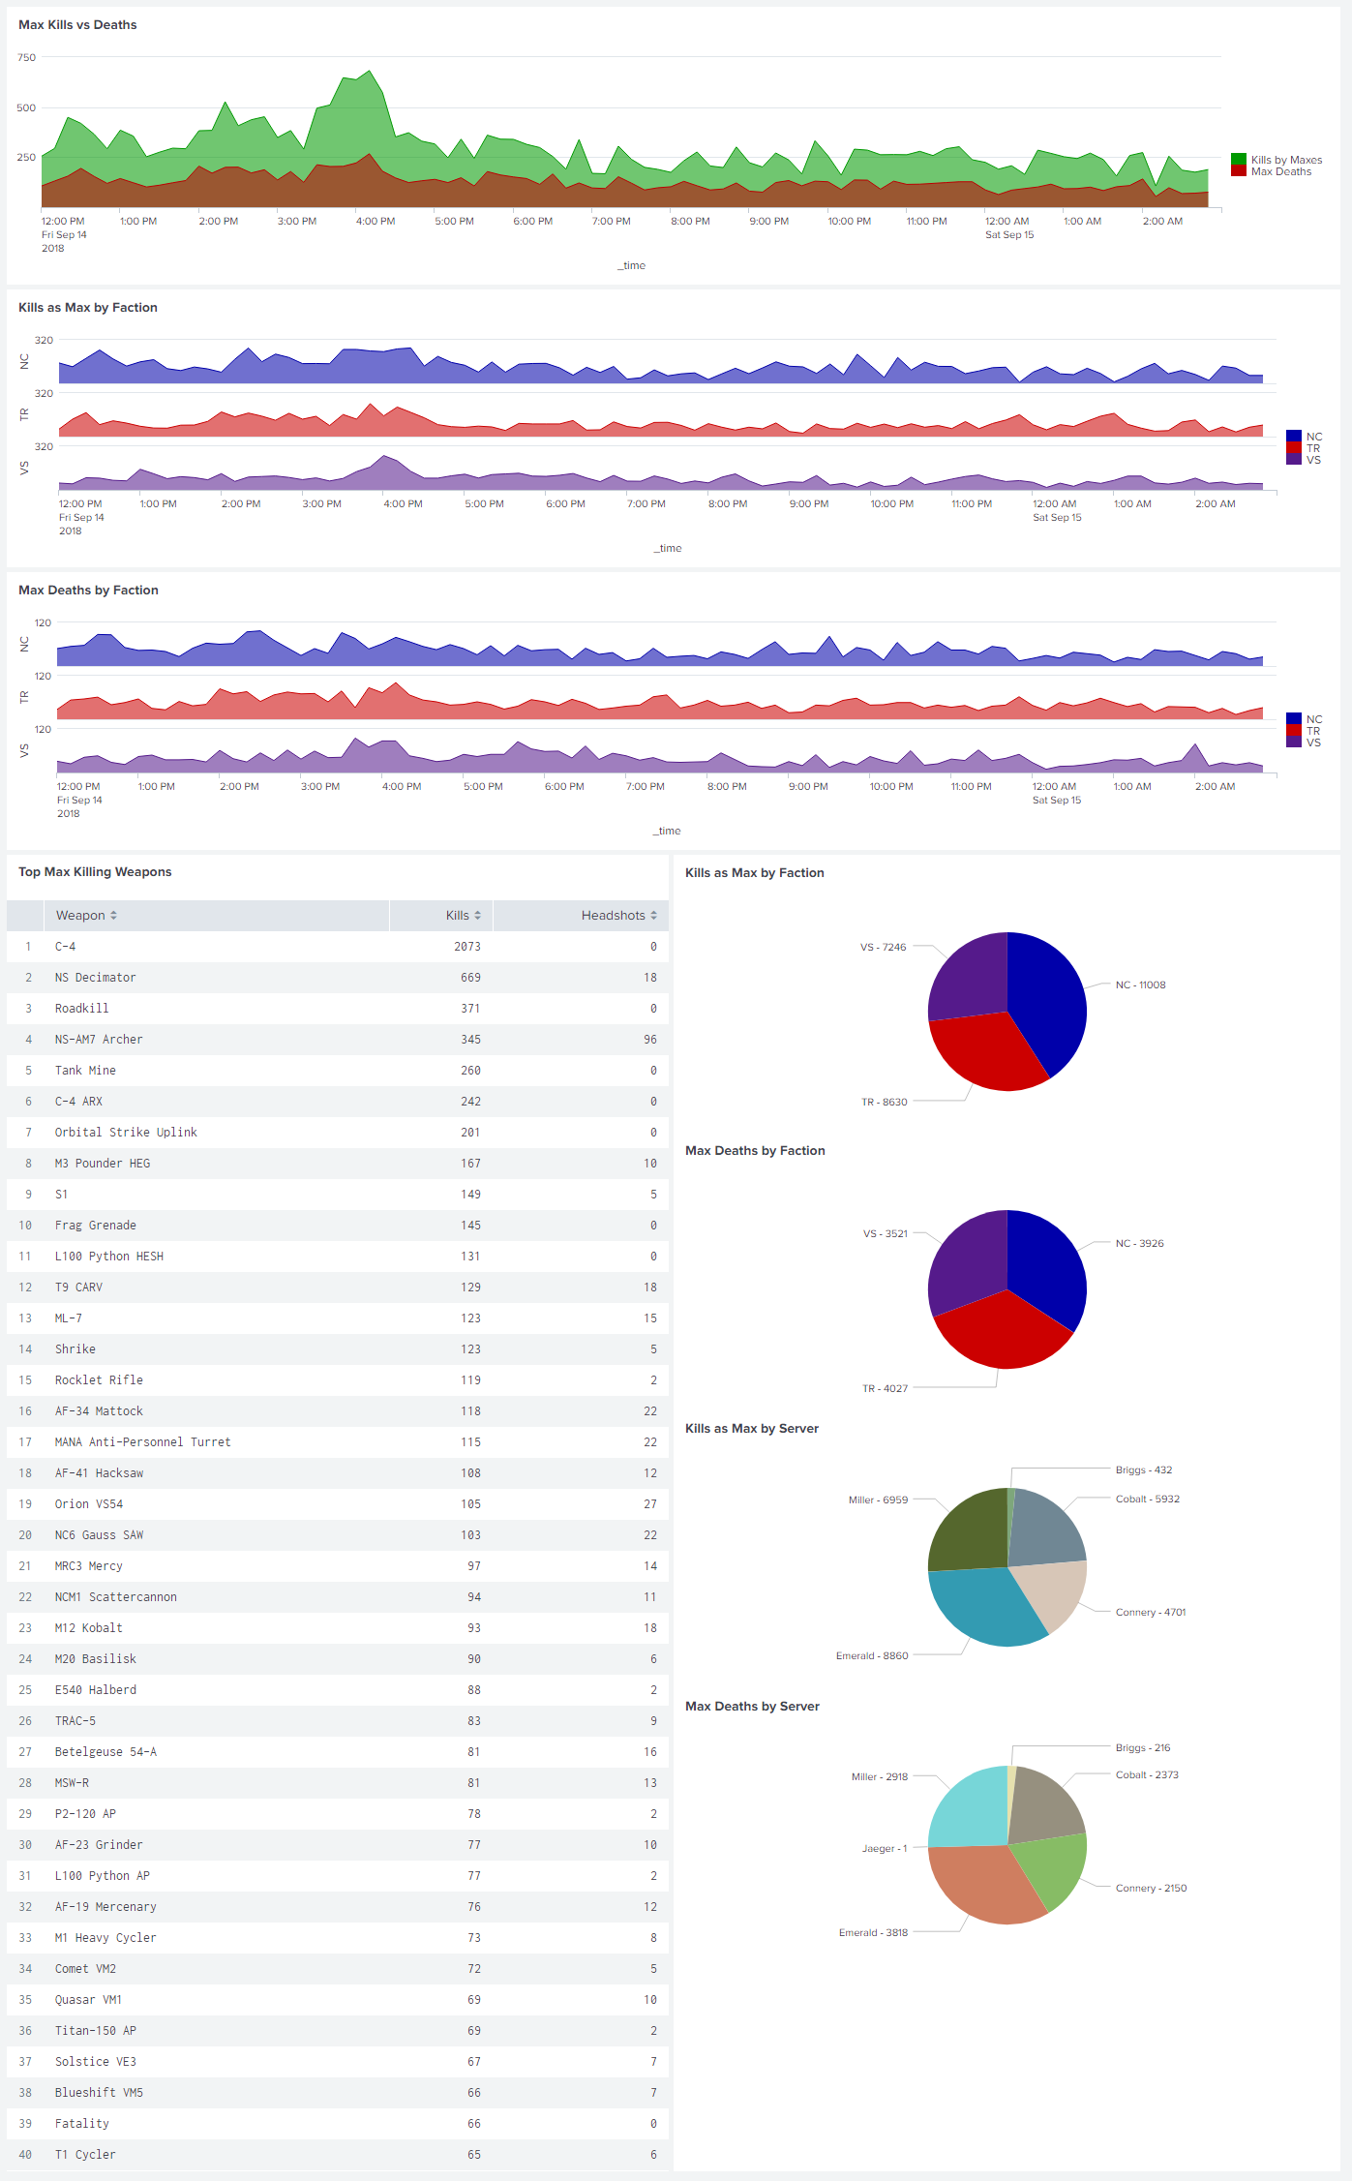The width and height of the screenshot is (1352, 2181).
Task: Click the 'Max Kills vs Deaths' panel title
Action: click(77, 25)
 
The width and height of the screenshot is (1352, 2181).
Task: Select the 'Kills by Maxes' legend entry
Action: click(1285, 160)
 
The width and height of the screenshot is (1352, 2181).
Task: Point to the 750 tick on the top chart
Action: click(26, 58)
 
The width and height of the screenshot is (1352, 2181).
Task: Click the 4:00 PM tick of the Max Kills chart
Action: click(376, 222)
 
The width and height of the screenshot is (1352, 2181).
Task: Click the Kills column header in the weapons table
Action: click(458, 916)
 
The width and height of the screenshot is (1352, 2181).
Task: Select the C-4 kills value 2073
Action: click(466, 947)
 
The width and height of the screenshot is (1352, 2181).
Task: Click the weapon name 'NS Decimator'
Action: click(95, 978)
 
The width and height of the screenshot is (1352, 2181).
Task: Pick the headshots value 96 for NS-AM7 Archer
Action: click(649, 1040)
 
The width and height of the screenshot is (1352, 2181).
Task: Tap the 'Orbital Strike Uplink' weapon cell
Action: click(126, 1133)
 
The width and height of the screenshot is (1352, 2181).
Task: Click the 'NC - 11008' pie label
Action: click(1140, 985)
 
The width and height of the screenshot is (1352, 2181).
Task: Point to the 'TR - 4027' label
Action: click(885, 1388)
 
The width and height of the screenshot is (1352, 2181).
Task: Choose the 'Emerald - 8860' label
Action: click(872, 1656)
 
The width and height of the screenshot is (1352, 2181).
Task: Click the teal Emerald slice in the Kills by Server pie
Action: click(982, 1607)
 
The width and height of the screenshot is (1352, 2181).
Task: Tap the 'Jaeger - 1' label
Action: click(885, 1849)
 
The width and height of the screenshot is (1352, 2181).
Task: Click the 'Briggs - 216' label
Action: click(1142, 1748)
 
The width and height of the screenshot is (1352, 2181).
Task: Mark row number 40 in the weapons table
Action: click(25, 2155)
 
